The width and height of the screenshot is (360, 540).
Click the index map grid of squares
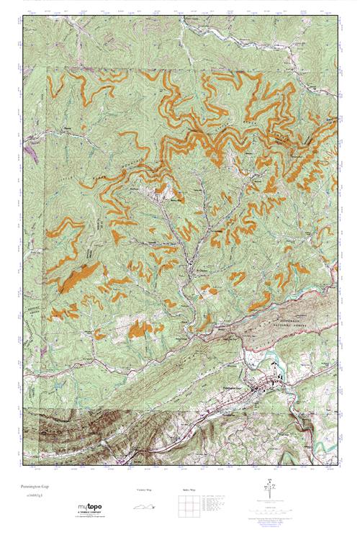(x=184, y=505)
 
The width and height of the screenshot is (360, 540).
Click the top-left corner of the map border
(x=22, y=17)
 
